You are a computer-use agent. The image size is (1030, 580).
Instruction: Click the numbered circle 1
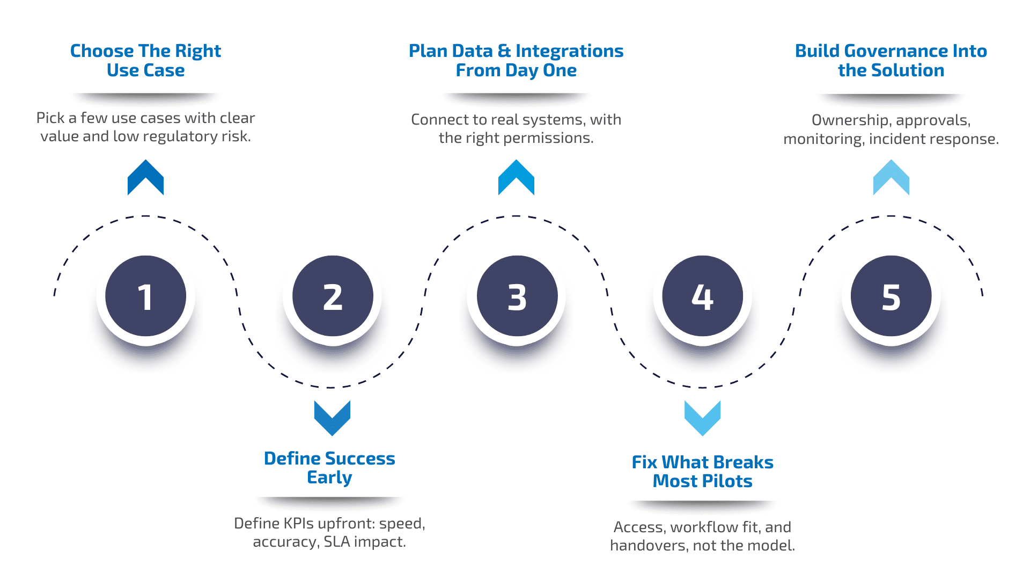point(145,296)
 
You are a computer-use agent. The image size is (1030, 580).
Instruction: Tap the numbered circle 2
point(333,296)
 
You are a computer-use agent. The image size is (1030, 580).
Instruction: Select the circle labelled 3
point(517,296)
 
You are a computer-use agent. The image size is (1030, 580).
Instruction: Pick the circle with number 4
point(702,296)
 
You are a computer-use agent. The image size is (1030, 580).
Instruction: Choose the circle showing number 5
point(891,296)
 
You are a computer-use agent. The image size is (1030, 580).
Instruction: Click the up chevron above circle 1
point(145,178)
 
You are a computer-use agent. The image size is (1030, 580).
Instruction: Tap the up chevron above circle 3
point(516,178)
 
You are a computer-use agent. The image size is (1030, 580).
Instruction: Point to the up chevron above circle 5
point(891,178)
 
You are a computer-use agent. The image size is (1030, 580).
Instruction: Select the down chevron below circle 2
point(332,417)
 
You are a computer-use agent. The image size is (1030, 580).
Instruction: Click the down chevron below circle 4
point(702,417)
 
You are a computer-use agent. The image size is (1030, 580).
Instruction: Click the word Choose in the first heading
point(102,51)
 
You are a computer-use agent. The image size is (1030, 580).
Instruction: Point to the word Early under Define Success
point(329,477)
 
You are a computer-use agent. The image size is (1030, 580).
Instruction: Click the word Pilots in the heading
point(726,481)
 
